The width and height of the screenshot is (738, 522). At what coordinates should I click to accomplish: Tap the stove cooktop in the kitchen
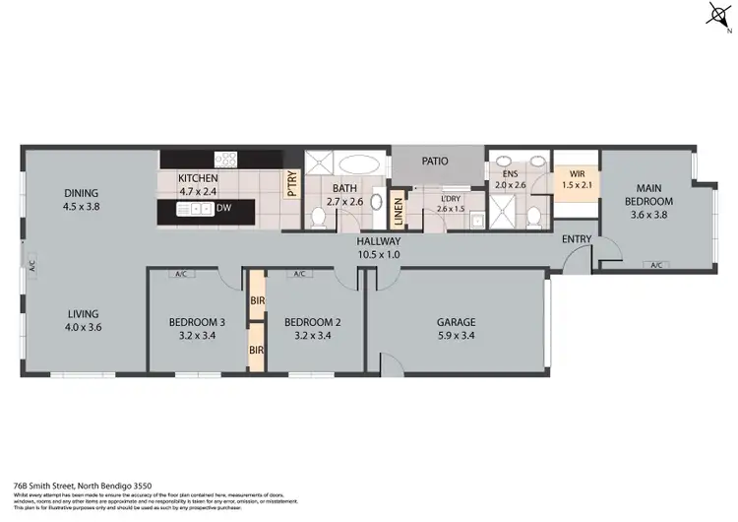(226, 158)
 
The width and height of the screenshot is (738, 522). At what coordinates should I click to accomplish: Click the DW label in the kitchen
(224, 208)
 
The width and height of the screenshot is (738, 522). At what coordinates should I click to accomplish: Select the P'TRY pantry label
(292, 185)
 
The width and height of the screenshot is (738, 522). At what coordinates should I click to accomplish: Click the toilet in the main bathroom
(319, 216)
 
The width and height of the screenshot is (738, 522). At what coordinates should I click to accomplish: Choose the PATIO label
(437, 160)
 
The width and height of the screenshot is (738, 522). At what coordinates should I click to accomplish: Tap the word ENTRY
(577, 239)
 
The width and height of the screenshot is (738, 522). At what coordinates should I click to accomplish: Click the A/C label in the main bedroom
(656, 264)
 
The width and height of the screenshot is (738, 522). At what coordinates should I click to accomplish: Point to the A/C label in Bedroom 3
(180, 274)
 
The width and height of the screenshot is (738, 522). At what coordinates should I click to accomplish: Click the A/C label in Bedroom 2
(298, 274)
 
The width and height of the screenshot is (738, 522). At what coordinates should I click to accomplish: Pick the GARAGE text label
(456, 322)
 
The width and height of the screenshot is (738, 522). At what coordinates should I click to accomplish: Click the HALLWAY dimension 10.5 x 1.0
(378, 254)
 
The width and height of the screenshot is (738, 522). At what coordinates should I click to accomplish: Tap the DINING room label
(82, 193)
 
